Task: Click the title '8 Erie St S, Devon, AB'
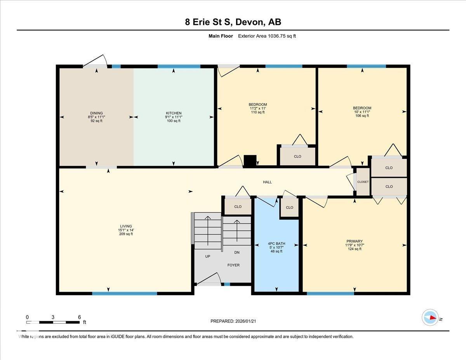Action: tap(233, 22)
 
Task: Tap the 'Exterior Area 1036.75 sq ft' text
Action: tap(267, 36)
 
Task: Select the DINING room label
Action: tap(96, 113)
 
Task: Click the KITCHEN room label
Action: tap(174, 113)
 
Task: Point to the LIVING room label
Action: tap(126, 226)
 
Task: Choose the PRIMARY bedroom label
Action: tap(355, 241)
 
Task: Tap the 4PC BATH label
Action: tap(276, 243)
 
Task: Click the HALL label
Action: tap(267, 182)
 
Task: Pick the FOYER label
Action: tap(233, 265)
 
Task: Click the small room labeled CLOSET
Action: tap(363, 182)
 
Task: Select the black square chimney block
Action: tap(250, 161)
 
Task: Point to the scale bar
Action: tap(53, 322)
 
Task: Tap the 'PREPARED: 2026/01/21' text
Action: tap(233, 321)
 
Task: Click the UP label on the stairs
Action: tap(208, 256)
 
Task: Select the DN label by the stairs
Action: tap(237, 252)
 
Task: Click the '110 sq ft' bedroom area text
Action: tap(258, 112)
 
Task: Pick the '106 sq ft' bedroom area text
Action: tap(362, 116)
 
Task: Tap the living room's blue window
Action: tap(125, 294)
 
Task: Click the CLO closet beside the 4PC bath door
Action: tap(289, 207)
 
